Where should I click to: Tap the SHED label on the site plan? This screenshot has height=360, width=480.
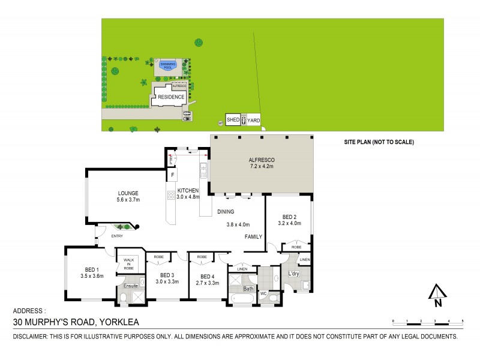[x=233, y=120]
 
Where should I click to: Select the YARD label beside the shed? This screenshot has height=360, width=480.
[x=254, y=120]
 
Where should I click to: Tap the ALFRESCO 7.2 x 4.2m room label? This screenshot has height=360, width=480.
[x=261, y=163]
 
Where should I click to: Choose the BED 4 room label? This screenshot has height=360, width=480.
[x=205, y=275]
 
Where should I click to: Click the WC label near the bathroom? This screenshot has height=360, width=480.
[x=263, y=293]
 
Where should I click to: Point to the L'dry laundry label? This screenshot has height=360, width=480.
[x=293, y=274]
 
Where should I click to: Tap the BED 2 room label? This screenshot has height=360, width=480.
[x=289, y=217]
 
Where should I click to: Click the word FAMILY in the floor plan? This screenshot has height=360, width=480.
[x=253, y=237]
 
